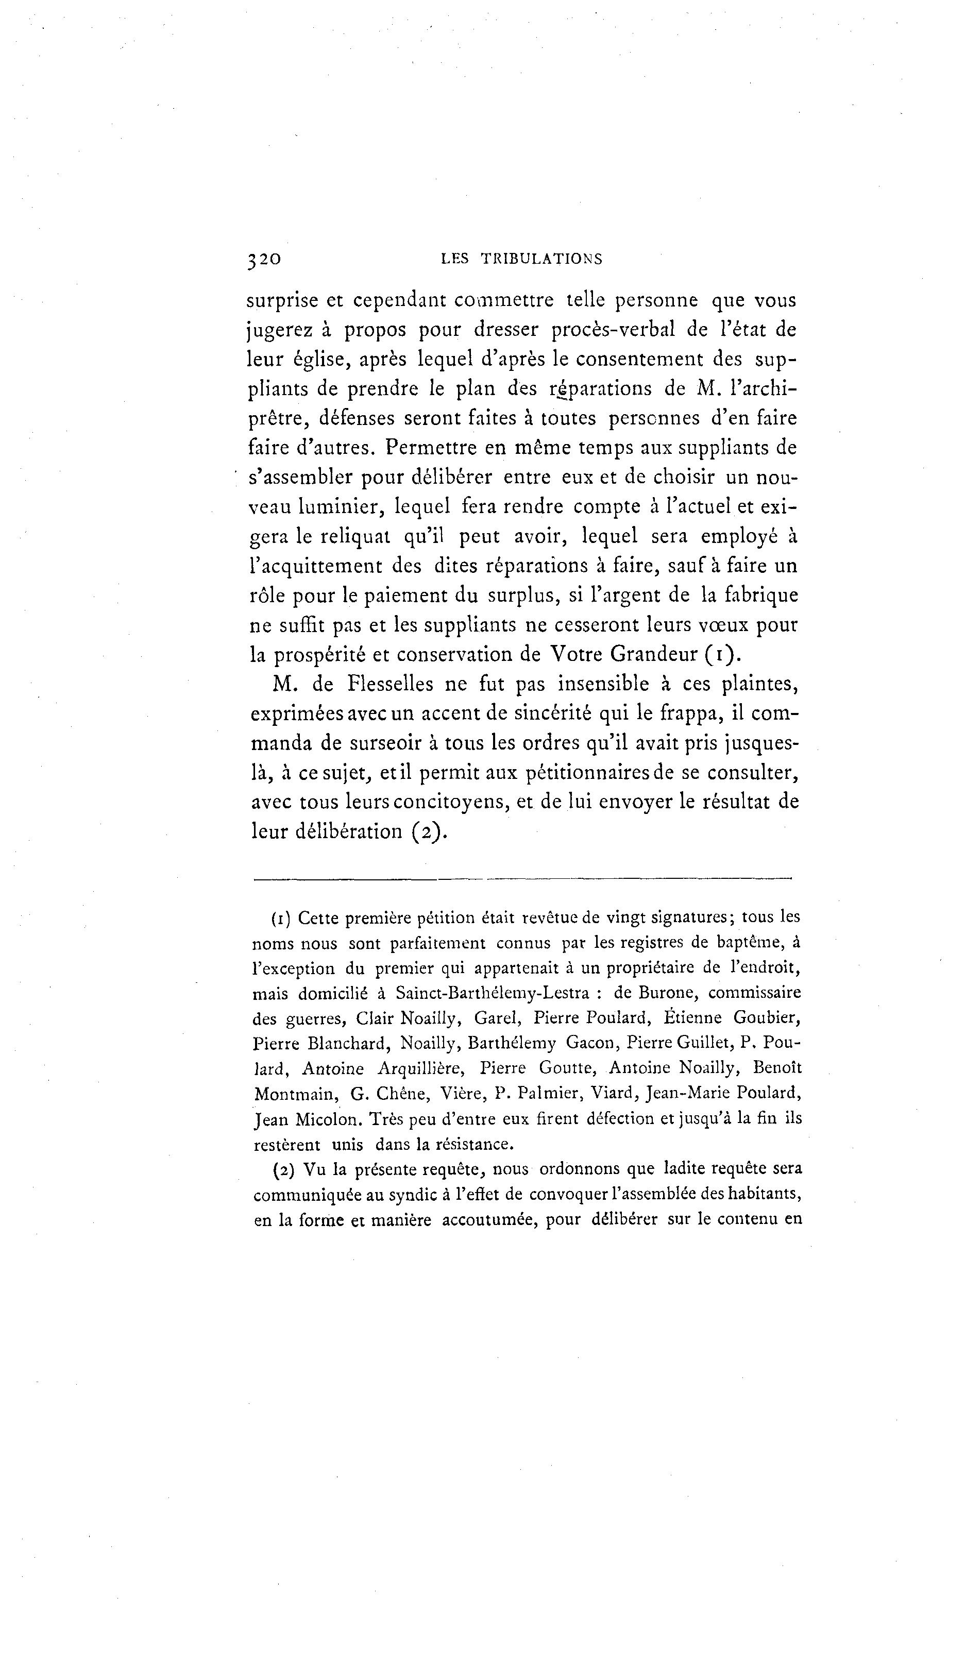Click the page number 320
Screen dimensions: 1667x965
coord(264,259)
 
